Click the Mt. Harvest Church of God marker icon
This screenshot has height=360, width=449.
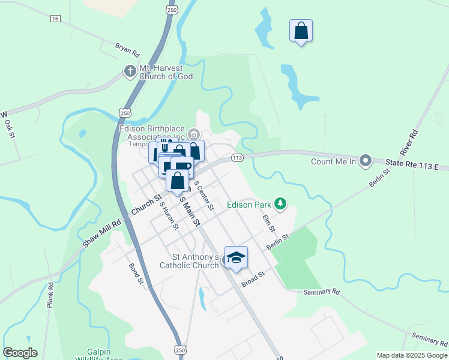click(130, 71)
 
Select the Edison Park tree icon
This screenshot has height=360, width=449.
click(280, 205)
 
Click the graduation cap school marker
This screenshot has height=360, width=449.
click(236, 257)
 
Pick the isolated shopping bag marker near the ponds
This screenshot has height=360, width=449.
click(301, 31)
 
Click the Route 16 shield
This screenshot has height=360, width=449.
click(55, 19)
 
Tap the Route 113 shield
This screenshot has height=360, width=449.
click(237, 158)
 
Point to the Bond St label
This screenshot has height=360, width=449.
click(136, 273)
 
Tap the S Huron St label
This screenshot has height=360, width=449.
click(169, 215)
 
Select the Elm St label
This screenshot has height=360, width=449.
click(268, 225)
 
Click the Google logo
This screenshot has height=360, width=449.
click(20, 353)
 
